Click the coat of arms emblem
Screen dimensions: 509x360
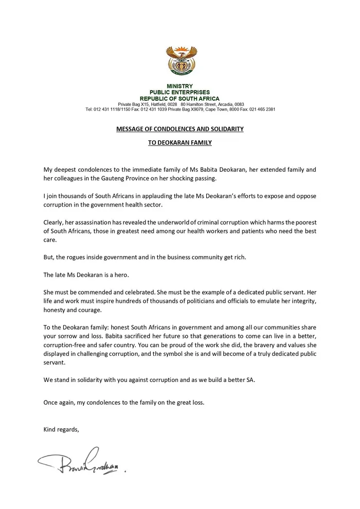tap(179, 60)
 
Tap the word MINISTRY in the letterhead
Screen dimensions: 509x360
tap(179, 86)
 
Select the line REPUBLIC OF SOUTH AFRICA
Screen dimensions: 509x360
tap(179, 98)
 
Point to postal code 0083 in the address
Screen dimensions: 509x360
tap(239, 104)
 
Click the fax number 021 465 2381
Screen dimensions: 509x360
tap(262, 110)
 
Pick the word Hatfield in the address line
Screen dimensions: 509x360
tap(157, 104)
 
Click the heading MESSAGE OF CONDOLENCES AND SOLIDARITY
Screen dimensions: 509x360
tap(179, 129)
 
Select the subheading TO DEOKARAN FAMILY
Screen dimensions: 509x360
tap(179, 143)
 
